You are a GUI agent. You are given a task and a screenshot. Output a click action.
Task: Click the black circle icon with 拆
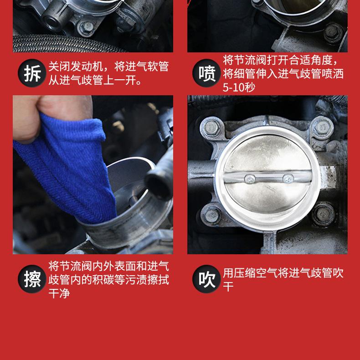coord(32,73)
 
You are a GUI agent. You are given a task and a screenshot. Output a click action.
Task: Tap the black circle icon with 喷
coord(206,73)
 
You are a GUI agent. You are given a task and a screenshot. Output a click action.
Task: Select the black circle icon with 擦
coord(32,279)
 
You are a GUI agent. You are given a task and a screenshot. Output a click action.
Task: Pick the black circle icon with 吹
coord(206,279)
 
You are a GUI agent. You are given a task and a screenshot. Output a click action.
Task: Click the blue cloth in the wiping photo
coord(69,170)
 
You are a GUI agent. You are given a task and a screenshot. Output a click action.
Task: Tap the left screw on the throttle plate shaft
coord(250,179)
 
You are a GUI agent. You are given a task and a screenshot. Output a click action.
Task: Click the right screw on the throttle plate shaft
coord(288,178)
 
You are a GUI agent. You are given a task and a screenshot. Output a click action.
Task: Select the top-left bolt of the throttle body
coord(212,128)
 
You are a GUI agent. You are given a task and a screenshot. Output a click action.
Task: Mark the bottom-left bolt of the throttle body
coord(212,216)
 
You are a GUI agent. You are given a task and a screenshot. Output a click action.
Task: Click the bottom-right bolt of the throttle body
coord(324,215)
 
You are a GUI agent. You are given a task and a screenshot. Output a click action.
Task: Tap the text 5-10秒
coord(239,87)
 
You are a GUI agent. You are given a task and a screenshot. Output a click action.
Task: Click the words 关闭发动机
coord(76,67)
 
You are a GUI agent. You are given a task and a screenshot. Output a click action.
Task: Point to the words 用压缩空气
coord(250,273)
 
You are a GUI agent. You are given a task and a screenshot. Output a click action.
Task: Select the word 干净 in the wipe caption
coord(59,293)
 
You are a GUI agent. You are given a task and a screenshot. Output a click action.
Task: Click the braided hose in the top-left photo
coord(67,44)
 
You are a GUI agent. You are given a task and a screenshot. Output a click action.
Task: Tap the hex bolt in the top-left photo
coord(87,27)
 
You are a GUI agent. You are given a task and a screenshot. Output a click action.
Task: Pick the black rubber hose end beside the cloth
coord(159,184)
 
